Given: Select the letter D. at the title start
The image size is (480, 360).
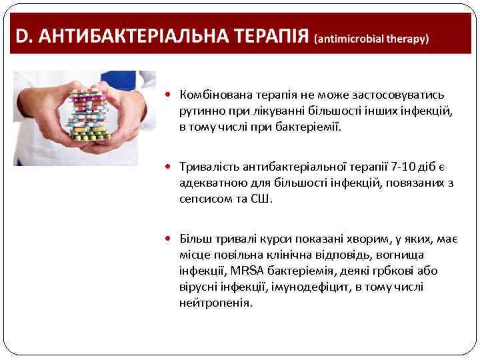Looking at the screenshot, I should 22,36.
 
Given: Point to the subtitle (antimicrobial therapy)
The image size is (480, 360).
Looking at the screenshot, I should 371,39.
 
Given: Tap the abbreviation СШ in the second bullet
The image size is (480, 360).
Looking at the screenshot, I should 261,198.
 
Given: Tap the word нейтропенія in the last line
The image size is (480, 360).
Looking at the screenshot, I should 215,302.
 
